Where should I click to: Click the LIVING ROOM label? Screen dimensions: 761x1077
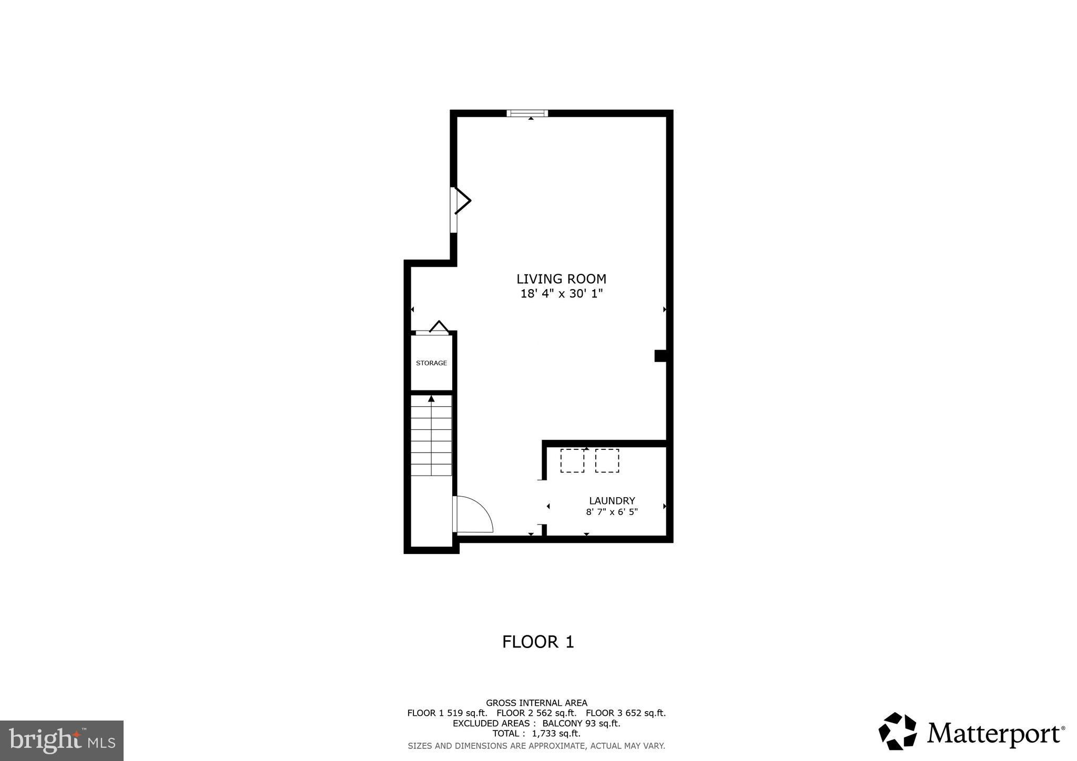[561, 279]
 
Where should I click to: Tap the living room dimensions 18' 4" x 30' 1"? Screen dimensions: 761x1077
[561, 294]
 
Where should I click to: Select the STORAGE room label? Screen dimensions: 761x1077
[431, 363]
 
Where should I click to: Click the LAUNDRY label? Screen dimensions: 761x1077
[612, 501]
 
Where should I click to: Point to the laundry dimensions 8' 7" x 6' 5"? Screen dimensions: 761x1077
[612, 512]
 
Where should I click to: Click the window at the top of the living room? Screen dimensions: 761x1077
[527, 113]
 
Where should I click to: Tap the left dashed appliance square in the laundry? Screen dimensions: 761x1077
[572, 461]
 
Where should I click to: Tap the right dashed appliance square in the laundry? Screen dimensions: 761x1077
[607, 461]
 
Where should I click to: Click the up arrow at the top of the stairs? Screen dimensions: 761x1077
[431, 399]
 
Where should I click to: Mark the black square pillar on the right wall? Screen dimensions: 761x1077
[660, 356]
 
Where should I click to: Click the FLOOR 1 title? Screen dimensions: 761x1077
[537, 642]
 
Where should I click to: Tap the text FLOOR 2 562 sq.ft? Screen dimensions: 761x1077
[536, 713]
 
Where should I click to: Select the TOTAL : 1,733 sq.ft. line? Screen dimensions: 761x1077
[536, 734]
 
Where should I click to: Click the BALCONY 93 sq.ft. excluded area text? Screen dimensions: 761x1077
[581, 723]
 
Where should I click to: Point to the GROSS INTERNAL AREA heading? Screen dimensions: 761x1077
[536, 703]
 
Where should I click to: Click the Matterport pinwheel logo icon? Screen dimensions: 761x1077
[897, 731]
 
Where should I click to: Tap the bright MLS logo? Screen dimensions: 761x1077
[62, 741]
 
